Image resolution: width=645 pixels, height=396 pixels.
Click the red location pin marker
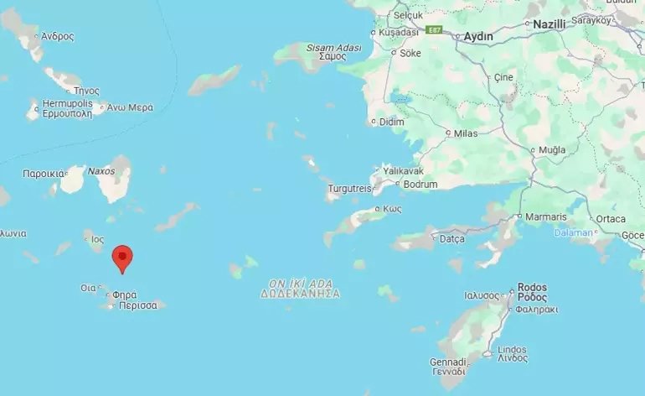click(x=122, y=257)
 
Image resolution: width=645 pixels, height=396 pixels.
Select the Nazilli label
click(x=550, y=24)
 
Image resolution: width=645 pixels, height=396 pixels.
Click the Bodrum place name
click(x=421, y=184)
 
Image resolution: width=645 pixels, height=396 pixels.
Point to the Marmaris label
click(x=546, y=216)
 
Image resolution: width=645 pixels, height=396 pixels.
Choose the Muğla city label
click(x=552, y=149)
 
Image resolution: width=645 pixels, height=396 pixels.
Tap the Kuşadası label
click(x=399, y=32)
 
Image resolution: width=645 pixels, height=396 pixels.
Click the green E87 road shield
click(x=433, y=30)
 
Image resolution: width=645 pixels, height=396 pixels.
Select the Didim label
click(x=392, y=122)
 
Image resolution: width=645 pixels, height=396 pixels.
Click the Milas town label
click(x=466, y=133)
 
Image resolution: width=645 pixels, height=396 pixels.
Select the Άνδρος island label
click(x=57, y=36)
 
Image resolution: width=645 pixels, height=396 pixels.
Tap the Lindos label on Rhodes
click(x=512, y=348)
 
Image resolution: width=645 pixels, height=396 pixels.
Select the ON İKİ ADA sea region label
click(x=299, y=283)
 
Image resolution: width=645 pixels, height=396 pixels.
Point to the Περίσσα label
click(x=138, y=305)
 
